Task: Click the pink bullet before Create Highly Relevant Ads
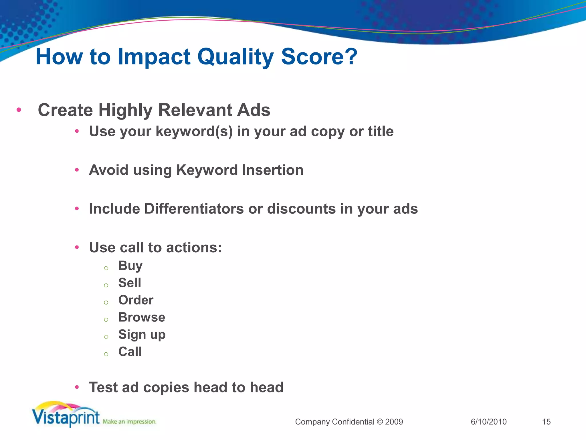coord(19,110)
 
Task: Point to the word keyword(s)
coord(194,132)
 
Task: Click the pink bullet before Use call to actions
coord(77,247)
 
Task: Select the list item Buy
coord(130,266)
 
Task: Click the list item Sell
coord(130,283)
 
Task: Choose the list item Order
coord(136,300)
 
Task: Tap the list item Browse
coord(142,317)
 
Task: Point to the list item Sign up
coord(142,335)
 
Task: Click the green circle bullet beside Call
coord(106,354)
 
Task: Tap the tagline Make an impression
coord(129,422)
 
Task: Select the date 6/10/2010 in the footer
coord(488,422)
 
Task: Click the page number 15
coord(546,422)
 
